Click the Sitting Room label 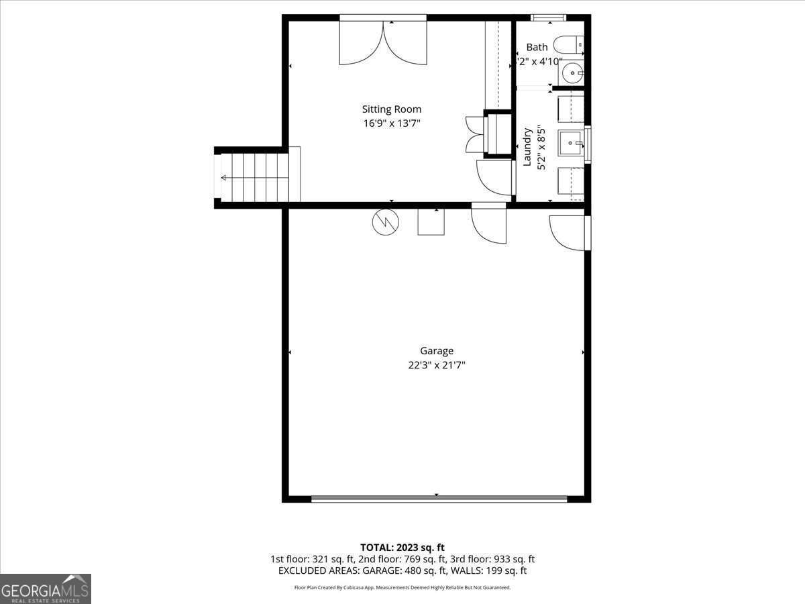[392, 109]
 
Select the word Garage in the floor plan [437, 350]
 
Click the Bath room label [537, 47]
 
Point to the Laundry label [527, 146]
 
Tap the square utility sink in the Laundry [571, 142]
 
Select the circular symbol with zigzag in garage [385, 223]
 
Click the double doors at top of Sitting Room [383, 42]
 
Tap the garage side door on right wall [569, 232]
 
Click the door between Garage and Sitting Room [489, 224]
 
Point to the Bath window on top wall [548, 17]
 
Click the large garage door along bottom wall [439, 499]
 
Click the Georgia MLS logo [45, 589]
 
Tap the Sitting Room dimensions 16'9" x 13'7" [392, 123]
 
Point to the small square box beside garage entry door [431, 221]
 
